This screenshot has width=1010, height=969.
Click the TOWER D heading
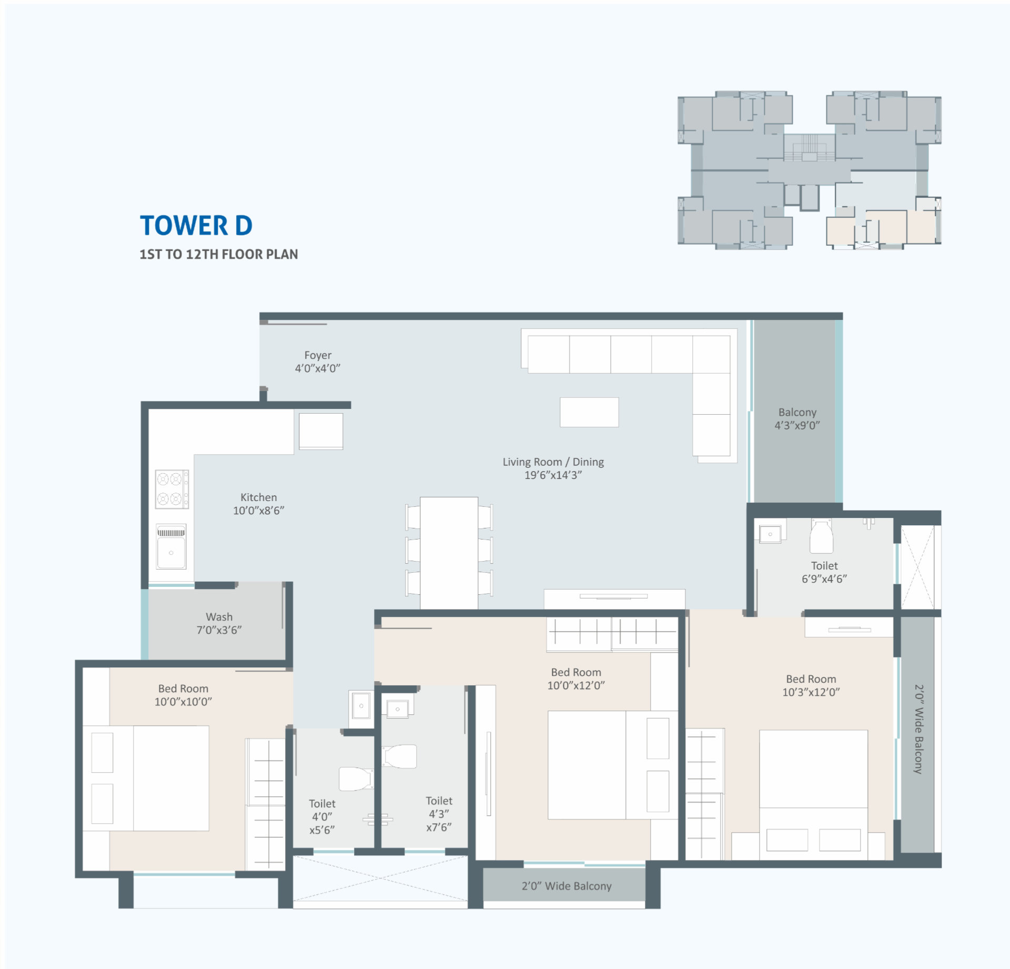(196, 225)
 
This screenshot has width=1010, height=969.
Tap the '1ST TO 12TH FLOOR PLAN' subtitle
(219, 254)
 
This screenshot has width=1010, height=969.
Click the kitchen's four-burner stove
(172, 489)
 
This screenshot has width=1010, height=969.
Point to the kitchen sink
(171, 547)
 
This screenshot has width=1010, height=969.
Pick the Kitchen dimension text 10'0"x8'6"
(259, 510)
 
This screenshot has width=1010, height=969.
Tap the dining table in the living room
(449, 553)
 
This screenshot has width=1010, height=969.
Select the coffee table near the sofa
(589, 412)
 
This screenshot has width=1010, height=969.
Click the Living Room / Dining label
(553, 468)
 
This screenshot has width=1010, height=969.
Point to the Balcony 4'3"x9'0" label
(797, 418)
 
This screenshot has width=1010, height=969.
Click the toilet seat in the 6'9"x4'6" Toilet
(821, 536)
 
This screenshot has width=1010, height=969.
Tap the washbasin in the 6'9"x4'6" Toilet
(770, 534)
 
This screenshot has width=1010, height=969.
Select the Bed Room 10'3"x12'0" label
(811, 685)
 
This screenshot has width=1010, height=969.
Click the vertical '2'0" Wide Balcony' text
(918, 729)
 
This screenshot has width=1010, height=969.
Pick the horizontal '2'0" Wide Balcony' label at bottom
(567, 886)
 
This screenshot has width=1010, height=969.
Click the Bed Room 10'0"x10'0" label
(183, 695)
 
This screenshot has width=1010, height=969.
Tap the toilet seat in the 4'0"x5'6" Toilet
(356, 778)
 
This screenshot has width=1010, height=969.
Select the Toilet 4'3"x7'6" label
(439, 814)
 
